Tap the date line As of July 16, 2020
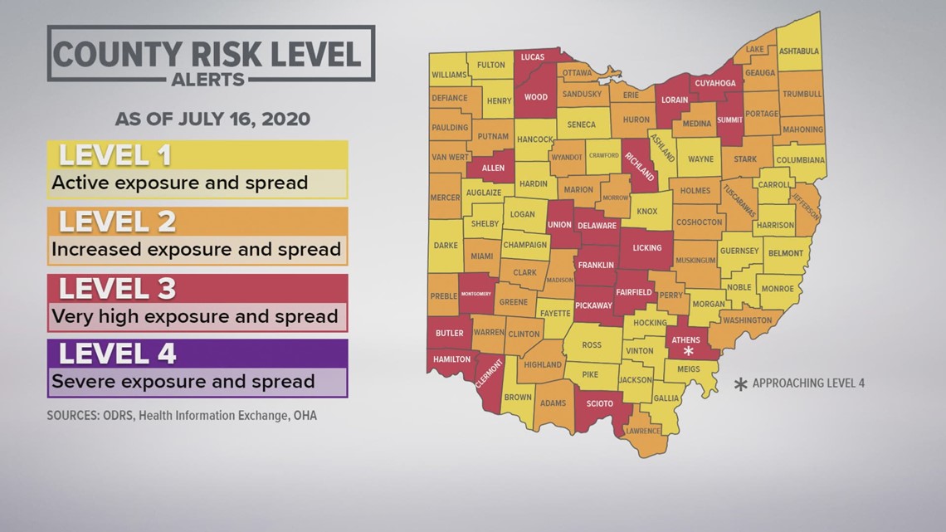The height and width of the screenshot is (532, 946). [x=212, y=119]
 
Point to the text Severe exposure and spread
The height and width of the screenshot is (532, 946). [x=183, y=382]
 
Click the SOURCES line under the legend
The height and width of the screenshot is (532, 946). [x=182, y=415]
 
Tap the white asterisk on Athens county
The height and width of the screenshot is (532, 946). [x=688, y=351]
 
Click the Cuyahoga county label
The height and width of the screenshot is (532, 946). [x=714, y=83]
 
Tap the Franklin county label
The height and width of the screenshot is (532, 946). [x=596, y=266]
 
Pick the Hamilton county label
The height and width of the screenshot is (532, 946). [x=451, y=359]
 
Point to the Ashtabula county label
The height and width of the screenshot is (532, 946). [x=799, y=51]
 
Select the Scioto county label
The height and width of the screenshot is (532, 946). [x=599, y=404]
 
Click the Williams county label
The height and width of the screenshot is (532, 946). [x=449, y=75]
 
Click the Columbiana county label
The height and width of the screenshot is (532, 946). [x=800, y=159]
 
